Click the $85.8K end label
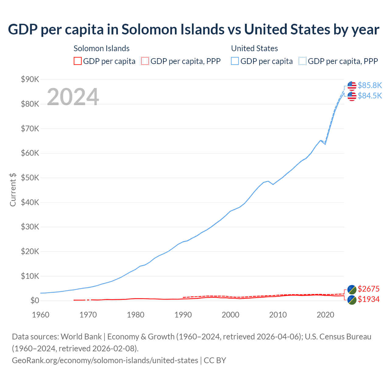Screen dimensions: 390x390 [370, 85]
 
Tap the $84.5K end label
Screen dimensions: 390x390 [370, 96]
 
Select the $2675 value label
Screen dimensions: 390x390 [369, 289]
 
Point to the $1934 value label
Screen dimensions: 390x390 [369, 299]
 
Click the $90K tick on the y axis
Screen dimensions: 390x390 [30, 80]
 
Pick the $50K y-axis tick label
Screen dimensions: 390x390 [30, 178]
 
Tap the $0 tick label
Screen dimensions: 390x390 [35, 301]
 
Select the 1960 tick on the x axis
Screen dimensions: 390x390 [41, 315]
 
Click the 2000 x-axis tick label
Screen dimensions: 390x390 [230, 315]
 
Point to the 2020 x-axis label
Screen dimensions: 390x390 [325, 315]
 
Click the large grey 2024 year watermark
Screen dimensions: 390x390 [73, 97]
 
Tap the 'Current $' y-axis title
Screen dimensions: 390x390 [13, 190]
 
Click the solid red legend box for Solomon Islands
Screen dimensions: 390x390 [78, 61]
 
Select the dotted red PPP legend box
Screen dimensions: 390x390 [145, 61]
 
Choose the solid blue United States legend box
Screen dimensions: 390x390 [235, 61]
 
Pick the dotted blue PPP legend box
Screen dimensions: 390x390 [303, 61]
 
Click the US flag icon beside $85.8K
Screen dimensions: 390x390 [352, 86]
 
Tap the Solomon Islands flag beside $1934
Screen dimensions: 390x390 [352, 300]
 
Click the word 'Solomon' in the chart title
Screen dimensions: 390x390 [143, 30]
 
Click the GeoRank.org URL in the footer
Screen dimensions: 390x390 [105, 360]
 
